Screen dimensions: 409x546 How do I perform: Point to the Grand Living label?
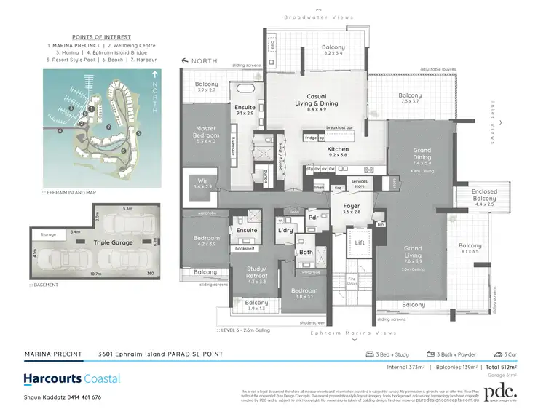414,252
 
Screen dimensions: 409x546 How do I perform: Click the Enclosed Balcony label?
485,195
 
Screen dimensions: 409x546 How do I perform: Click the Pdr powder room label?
313,217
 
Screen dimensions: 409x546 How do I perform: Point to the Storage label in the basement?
49,235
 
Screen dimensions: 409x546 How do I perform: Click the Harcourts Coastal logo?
72,378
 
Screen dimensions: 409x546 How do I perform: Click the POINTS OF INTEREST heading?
101,36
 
